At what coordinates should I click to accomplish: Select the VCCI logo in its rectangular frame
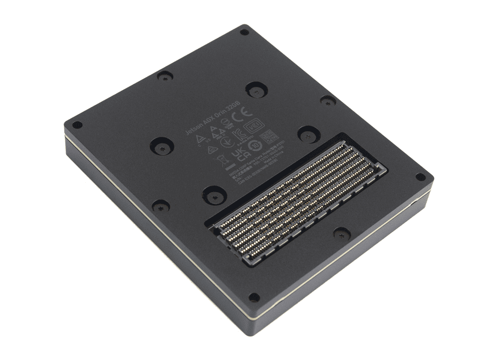254,125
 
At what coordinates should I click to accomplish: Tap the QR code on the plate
269,136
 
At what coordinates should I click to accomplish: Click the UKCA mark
241,154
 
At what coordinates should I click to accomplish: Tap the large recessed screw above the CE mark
256,89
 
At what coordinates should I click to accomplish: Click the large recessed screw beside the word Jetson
162,146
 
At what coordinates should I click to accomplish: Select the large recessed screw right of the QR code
308,133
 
